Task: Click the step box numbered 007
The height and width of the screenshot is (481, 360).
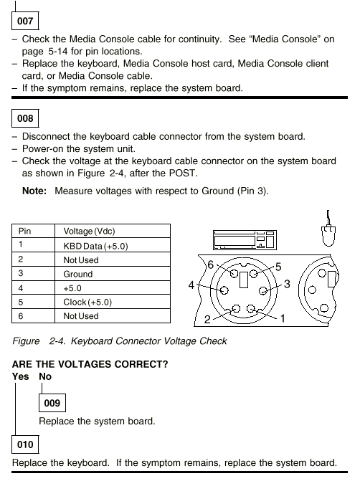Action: pos(25,21)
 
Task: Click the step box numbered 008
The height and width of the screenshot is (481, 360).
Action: pos(25,118)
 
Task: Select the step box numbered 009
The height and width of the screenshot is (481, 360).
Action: pos(52,403)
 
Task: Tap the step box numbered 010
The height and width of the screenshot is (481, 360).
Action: pos(25,444)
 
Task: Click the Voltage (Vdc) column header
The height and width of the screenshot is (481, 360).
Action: pos(89,231)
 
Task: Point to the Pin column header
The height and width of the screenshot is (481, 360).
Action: pos(24,231)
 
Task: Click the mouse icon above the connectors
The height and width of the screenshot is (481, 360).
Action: pos(328,229)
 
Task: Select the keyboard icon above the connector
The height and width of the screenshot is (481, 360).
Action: pos(245,240)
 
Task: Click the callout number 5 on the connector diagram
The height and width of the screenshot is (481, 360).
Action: pos(278,267)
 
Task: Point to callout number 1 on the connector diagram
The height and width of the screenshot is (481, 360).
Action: pos(283,318)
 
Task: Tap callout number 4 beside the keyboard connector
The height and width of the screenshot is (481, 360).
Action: pos(191,285)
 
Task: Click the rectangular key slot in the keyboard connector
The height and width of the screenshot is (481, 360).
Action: pos(244,280)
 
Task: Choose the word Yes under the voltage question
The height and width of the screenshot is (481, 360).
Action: pos(20,376)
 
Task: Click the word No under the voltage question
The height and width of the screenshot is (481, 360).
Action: pos(45,376)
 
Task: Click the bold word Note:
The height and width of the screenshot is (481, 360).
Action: pos(34,191)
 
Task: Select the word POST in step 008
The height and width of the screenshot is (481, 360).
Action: pos(182,173)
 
